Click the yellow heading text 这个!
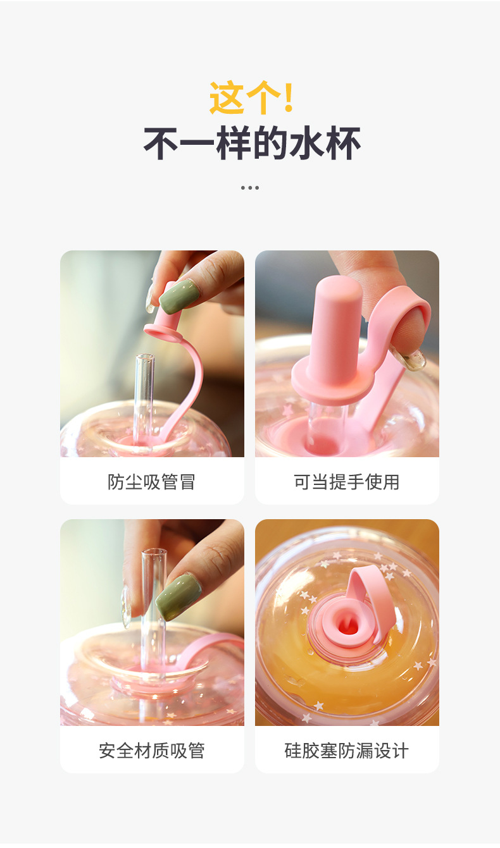click(251, 98)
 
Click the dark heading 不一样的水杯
click(251, 144)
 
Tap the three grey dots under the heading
click(250, 188)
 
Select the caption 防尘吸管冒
click(152, 482)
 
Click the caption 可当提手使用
click(347, 482)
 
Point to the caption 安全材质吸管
click(152, 751)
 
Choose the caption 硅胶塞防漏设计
click(347, 751)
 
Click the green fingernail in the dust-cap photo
click(178, 297)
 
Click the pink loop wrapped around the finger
click(405, 316)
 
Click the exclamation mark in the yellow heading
click(289, 98)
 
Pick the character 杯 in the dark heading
click(342, 144)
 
